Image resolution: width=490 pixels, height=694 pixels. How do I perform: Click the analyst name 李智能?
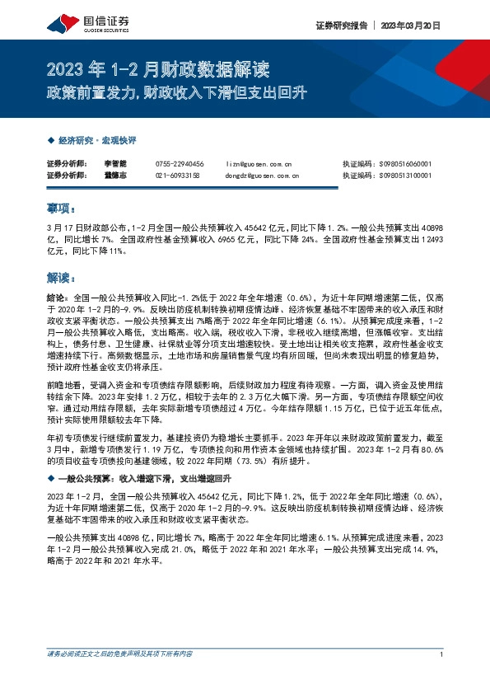coord(115,165)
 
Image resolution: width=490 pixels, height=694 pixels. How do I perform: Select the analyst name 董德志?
coord(115,176)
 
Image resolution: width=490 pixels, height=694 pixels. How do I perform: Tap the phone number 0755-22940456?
coord(179,165)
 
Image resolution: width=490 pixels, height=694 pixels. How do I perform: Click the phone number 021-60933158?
coord(177,176)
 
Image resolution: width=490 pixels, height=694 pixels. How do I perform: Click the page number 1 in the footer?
coord(442,654)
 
